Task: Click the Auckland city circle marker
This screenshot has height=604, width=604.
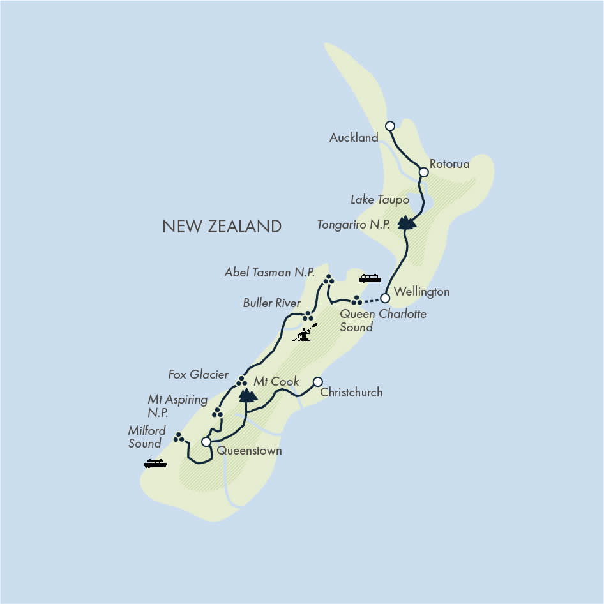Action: pos(390,126)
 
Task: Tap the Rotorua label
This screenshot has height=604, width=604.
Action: pos(449,164)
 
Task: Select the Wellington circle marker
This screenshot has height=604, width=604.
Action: pos(385,298)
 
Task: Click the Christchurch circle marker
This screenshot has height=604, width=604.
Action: pos(317,382)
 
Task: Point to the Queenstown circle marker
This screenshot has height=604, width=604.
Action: pos(206,442)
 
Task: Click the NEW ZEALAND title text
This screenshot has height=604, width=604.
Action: pos(222,226)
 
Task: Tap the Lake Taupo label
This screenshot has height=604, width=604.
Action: pos(379,200)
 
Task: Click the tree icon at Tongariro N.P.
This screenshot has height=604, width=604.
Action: pos(406,222)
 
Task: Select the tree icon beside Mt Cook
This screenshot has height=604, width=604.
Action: pos(248,395)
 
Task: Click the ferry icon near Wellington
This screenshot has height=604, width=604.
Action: pos(370,278)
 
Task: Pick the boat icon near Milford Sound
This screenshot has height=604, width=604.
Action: pos(155,464)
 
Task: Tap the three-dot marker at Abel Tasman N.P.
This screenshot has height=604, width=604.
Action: pos(328,280)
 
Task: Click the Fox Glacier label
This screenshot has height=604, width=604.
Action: pos(199,375)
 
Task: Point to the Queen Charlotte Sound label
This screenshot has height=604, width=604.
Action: pos(382,321)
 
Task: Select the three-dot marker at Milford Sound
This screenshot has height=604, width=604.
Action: pos(179,437)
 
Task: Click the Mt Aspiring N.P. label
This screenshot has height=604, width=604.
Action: pos(177,406)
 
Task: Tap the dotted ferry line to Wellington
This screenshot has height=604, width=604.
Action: pos(373,299)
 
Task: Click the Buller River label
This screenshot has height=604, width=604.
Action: pos(271,303)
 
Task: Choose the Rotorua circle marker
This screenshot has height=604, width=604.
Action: pos(423,172)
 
